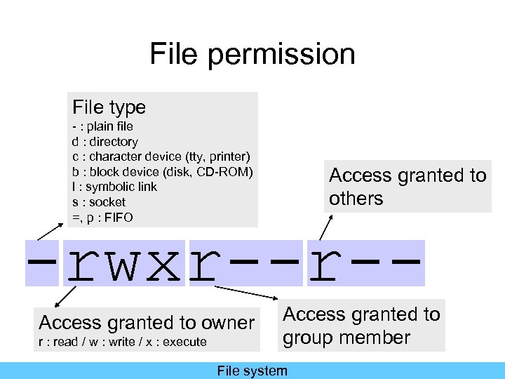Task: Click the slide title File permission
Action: click(252, 54)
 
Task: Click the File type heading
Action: click(109, 107)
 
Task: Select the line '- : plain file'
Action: click(102, 127)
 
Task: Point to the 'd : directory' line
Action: click(105, 142)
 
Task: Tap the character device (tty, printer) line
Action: click(161, 157)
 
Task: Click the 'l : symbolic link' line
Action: click(114, 187)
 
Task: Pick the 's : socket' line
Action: click(99, 202)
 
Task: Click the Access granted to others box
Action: click(408, 187)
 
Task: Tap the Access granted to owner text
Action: click(147, 323)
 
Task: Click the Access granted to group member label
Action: click(361, 326)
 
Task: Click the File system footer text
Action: click(252, 371)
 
